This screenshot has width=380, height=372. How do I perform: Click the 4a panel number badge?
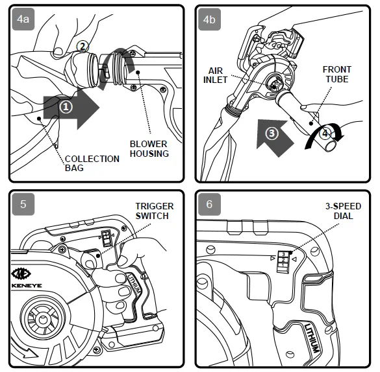[23, 19]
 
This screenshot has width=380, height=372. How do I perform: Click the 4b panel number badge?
[209, 19]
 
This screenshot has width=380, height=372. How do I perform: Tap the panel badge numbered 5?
[23, 204]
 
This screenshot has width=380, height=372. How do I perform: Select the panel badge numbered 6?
[209, 204]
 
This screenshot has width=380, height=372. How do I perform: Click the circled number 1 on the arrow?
[66, 107]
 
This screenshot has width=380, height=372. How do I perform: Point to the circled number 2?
[82, 47]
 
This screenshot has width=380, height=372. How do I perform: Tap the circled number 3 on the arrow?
[272, 134]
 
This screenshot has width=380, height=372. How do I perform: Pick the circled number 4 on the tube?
[325, 134]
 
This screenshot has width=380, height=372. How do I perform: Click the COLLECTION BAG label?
[92, 163]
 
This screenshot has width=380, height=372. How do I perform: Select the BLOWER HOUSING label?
[149, 149]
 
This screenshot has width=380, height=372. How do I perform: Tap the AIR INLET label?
[215, 75]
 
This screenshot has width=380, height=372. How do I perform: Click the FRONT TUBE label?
[337, 75]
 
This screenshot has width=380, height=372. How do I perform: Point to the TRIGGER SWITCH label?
[155, 211]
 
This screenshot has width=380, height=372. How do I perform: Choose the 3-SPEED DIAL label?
[343, 211]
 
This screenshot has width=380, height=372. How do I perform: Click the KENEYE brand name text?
[27, 285]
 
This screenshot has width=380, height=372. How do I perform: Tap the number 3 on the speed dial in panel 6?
[284, 254]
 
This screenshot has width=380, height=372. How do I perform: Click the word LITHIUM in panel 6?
[312, 338]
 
